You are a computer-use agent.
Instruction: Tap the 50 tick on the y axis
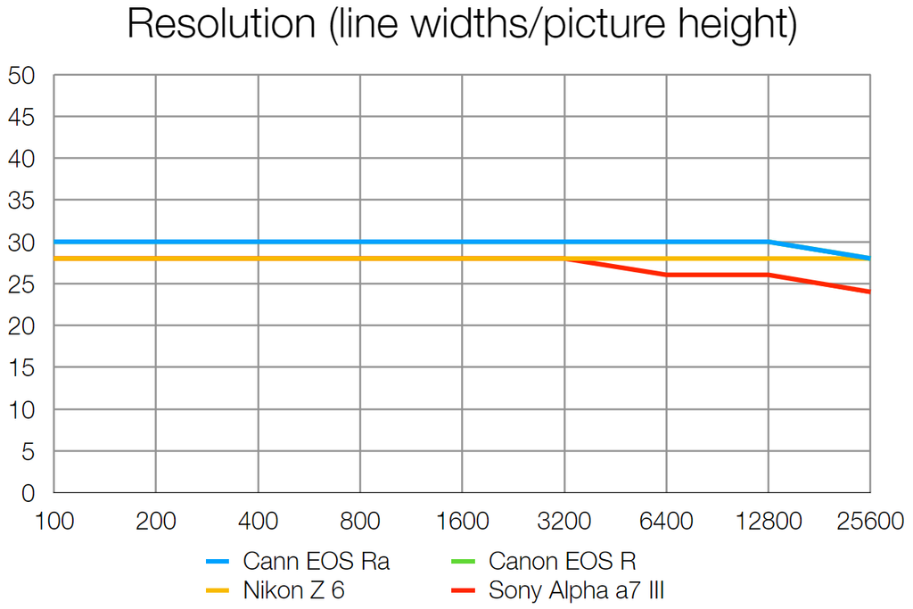(21, 76)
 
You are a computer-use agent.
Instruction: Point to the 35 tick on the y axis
(21, 201)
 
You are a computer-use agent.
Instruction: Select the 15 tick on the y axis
(21, 367)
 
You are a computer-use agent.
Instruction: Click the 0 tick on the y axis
(28, 493)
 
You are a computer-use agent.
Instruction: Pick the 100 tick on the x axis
(54, 521)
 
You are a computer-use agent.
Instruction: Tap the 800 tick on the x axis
(359, 521)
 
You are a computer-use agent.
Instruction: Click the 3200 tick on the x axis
(563, 521)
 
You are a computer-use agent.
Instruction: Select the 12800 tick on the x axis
(768, 521)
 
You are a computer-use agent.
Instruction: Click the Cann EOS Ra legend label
(316, 562)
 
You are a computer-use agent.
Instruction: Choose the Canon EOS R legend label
(563, 562)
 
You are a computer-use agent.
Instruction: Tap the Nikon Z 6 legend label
(293, 589)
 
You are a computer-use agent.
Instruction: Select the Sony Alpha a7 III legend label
(577, 589)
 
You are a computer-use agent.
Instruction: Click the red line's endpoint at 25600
(868, 292)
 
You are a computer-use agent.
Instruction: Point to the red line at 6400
(666, 275)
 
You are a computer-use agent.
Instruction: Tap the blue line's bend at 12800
(768, 242)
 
